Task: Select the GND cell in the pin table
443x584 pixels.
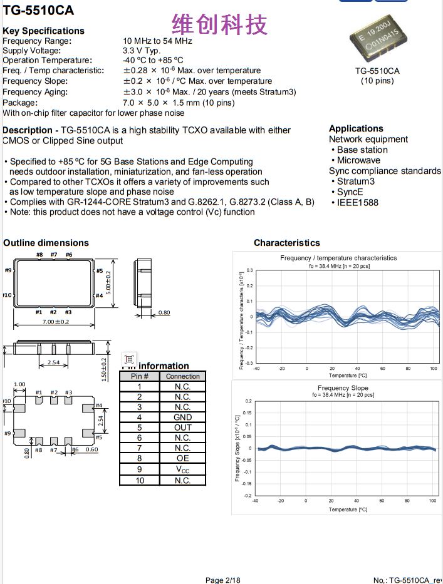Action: click(182, 418)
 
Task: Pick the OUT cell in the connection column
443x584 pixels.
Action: click(182, 428)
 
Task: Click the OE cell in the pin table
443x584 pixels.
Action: click(182, 459)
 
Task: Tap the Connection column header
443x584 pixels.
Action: click(182, 376)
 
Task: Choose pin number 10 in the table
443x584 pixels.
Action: click(140, 480)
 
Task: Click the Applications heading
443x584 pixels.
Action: click(356, 128)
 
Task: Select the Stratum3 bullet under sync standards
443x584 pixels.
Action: click(355, 182)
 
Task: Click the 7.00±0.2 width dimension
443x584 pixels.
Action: click(55, 322)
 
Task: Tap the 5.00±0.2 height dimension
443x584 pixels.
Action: click(108, 283)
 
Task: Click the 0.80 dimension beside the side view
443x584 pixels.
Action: click(164, 312)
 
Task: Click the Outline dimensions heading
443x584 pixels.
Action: click(46, 243)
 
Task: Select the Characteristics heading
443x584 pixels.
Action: click(286, 243)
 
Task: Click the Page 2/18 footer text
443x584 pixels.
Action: click(222, 580)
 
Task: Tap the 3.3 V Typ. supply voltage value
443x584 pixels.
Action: click(142, 50)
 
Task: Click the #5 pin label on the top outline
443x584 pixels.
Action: click(99, 271)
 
